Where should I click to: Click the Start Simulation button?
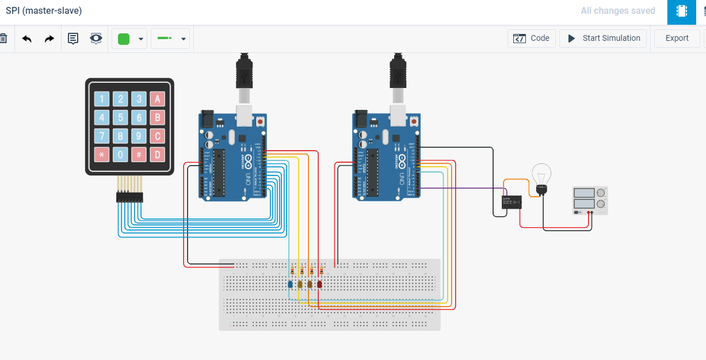click(x=603, y=39)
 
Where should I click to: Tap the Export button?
click(x=677, y=39)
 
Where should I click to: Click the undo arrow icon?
click(x=27, y=39)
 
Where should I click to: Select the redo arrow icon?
click(x=49, y=39)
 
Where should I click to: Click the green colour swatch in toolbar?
click(x=124, y=39)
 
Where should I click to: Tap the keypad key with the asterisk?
click(x=102, y=154)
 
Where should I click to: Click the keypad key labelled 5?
click(x=120, y=118)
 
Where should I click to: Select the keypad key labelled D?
click(x=157, y=154)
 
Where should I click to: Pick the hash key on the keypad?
click(x=139, y=154)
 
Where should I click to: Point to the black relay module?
click(x=512, y=202)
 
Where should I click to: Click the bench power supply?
click(x=590, y=200)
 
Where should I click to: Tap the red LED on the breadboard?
click(x=319, y=284)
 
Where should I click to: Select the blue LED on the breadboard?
click(x=290, y=284)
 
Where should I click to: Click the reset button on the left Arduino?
click(x=260, y=121)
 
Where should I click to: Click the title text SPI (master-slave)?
click(x=44, y=11)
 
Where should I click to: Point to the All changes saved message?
click(x=617, y=11)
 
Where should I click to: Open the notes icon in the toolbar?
click(x=73, y=39)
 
